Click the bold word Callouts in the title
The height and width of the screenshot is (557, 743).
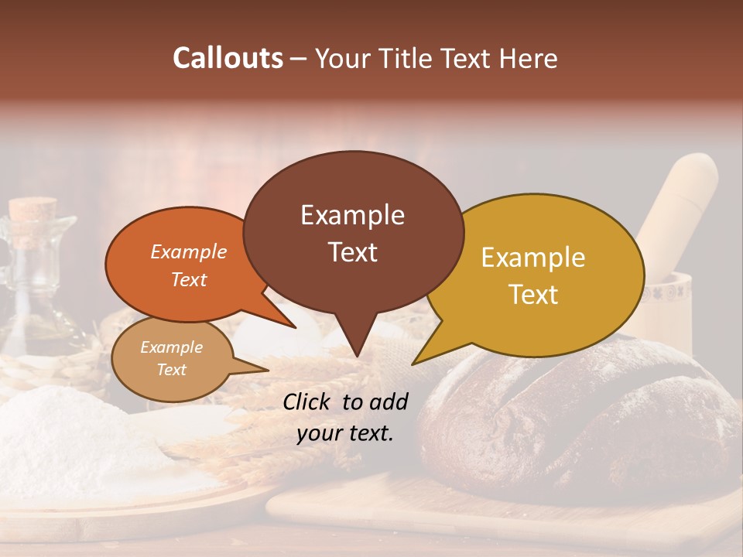(x=228, y=58)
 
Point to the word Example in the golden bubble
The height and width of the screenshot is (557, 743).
(x=533, y=258)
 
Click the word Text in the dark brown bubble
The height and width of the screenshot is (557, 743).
(x=353, y=252)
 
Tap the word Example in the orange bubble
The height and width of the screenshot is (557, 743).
(x=189, y=251)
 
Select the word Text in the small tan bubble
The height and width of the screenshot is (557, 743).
(x=172, y=370)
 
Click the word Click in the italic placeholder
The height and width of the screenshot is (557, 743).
(x=308, y=402)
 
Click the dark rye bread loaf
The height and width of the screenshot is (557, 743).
(x=573, y=418)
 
